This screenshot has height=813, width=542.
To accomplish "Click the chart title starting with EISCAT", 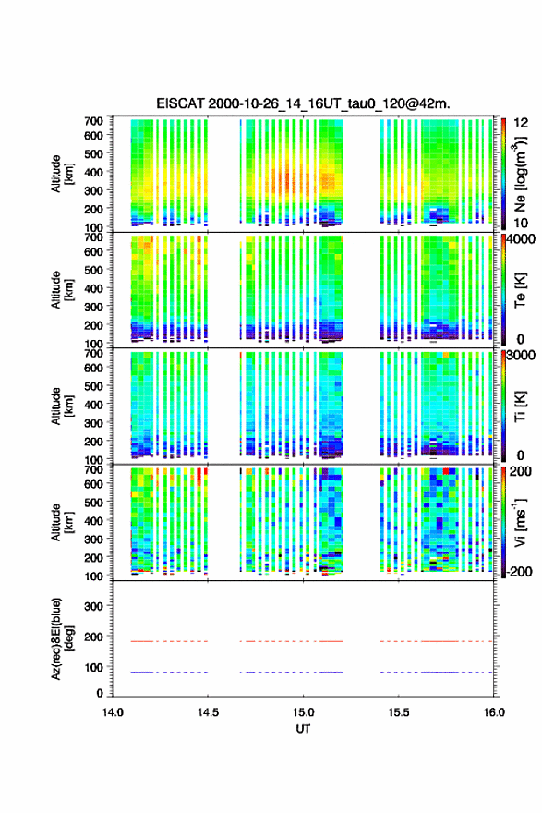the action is (x=303, y=103).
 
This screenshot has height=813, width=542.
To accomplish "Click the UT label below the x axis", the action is (x=303, y=729).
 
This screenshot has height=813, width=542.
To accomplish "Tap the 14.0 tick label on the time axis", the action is (x=113, y=712).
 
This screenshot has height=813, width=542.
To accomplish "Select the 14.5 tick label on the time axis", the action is (x=208, y=712).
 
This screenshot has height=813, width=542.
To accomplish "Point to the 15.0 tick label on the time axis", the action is (x=303, y=712).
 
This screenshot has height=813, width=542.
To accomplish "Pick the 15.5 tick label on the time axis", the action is (x=399, y=712).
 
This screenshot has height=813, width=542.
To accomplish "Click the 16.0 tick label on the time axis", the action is (x=494, y=712).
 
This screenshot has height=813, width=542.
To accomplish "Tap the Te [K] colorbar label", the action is (x=520, y=290).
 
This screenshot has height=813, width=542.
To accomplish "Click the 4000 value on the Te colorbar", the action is (x=521, y=239).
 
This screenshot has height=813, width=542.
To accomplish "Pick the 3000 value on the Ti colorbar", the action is (x=521, y=356).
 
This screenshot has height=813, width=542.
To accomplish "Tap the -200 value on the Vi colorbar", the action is (x=519, y=571).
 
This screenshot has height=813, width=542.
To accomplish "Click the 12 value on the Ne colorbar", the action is (x=521, y=123).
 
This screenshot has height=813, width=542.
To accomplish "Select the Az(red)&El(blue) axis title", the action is (x=62, y=638).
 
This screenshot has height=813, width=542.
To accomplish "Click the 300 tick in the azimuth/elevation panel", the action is (x=94, y=606).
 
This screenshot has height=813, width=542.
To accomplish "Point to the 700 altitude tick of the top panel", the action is (x=94, y=121).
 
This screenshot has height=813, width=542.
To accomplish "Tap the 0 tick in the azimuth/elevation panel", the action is (x=100, y=693).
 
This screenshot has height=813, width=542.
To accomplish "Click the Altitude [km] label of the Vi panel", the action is (x=62, y=522).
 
